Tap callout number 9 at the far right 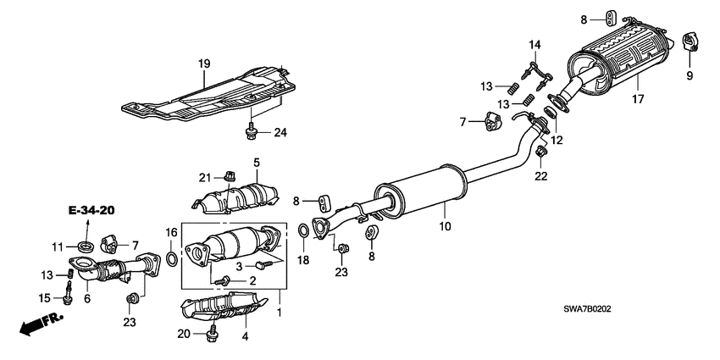tap(689, 76)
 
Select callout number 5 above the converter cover tap(255, 162)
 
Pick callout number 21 tap(203, 176)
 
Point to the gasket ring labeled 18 tap(302, 230)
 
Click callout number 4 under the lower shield tap(246, 338)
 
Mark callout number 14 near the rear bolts tap(534, 44)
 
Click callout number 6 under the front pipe tap(86, 298)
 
